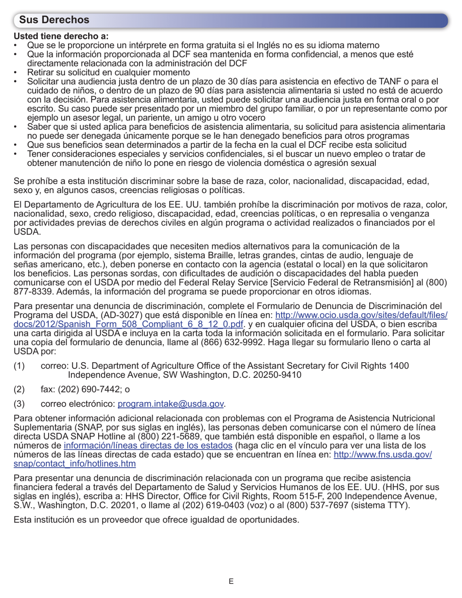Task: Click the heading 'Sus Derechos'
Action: tap(54, 20)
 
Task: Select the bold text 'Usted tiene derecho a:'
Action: tap(61, 36)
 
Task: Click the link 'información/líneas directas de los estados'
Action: tap(148, 445)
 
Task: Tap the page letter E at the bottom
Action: tap(231, 581)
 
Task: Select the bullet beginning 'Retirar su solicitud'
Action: tap(108, 72)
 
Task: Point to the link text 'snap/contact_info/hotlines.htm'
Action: tap(74, 463)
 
